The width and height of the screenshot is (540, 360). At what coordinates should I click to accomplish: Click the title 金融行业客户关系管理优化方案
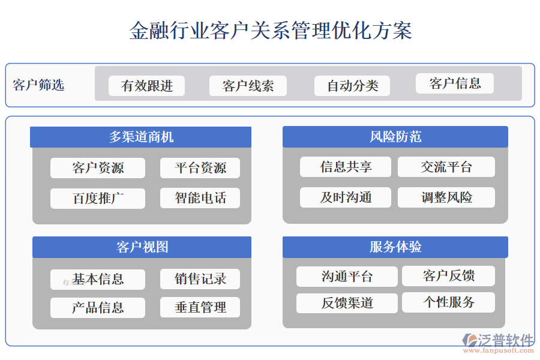(x=270, y=31)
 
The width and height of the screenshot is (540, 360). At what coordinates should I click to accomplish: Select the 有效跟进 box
(x=146, y=86)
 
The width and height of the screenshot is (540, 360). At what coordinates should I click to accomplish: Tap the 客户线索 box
(x=248, y=86)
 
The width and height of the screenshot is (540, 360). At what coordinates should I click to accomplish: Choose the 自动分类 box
(x=352, y=86)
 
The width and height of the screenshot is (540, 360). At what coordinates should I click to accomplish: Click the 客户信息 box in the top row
(x=455, y=83)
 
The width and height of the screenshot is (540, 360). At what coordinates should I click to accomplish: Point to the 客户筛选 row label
(x=38, y=85)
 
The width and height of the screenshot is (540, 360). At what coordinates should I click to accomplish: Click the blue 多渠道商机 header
(x=141, y=137)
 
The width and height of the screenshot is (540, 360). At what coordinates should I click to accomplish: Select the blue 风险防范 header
(x=395, y=137)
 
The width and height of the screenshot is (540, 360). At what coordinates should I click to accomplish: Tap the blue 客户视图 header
(x=142, y=247)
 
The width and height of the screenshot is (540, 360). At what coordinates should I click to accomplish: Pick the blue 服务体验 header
(x=395, y=247)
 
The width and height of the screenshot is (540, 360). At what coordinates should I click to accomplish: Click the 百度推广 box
(x=98, y=199)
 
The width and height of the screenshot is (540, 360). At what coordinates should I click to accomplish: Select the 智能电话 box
(x=200, y=198)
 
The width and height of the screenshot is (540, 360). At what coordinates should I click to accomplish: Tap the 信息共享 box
(x=346, y=167)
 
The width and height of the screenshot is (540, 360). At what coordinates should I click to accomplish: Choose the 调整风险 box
(x=446, y=197)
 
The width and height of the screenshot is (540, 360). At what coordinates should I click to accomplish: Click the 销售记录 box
(x=200, y=279)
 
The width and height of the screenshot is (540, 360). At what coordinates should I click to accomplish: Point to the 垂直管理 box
(x=200, y=308)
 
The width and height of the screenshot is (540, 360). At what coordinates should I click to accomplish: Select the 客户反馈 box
(x=448, y=276)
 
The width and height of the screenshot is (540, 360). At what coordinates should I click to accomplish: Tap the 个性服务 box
(x=448, y=302)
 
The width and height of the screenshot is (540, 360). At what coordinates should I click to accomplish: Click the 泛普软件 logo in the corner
(x=498, y=342)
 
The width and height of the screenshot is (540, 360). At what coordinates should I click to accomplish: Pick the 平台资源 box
(x=200, y=168)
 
